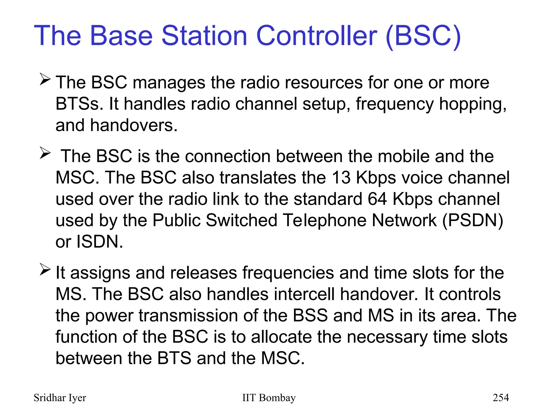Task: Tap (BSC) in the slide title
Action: click(x=423, y=36)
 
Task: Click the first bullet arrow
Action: click(x=45, y=79)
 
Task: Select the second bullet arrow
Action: click(x=45, y=153)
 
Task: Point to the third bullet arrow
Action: click(x=45, y=269)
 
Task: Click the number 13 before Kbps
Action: click(x=341, y=177)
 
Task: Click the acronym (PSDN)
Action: click(x=472, y=220)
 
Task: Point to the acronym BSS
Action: click(x=310, y=316)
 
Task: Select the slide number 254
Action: click(x=501, y=398)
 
